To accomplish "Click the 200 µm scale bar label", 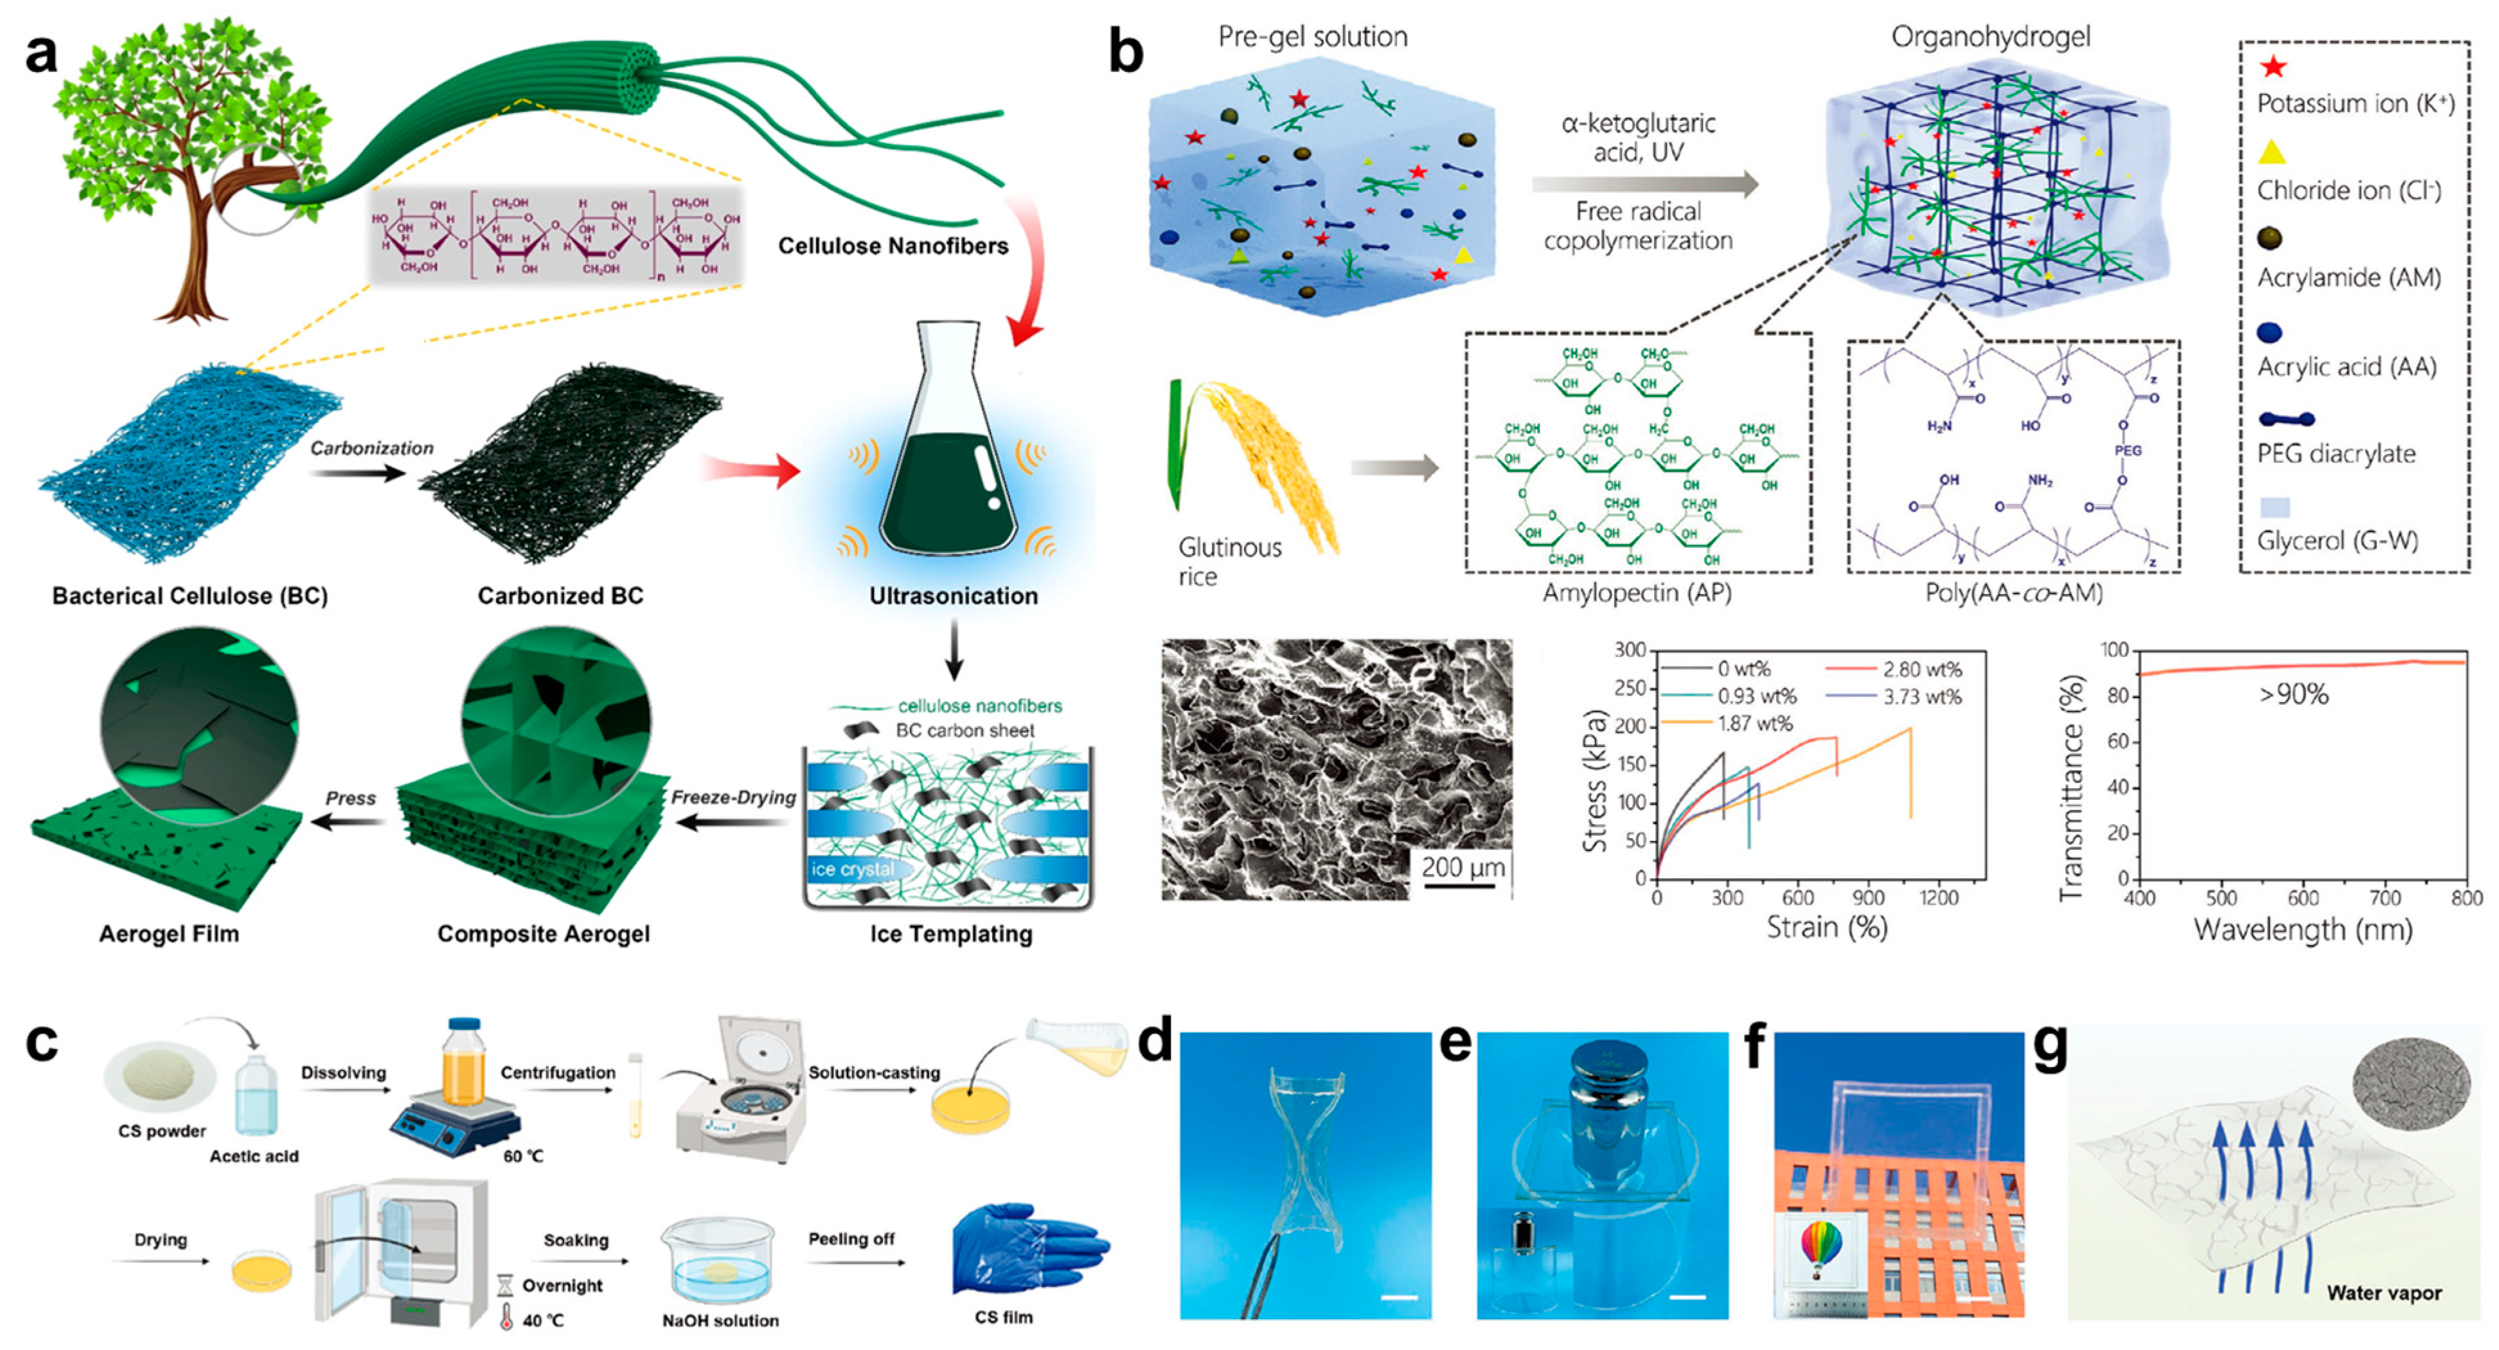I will [x=1463, y=866].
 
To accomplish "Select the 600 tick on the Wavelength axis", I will [x=2304, y=897].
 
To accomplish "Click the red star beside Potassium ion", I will [x=2273, y=67].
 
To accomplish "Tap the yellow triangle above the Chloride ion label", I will [x=2272, y=152].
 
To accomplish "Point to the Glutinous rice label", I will [x=1229, y=561].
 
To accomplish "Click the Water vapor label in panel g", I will [x=2383, y=1293].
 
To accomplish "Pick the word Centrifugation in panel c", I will [x=558, y=1072].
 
